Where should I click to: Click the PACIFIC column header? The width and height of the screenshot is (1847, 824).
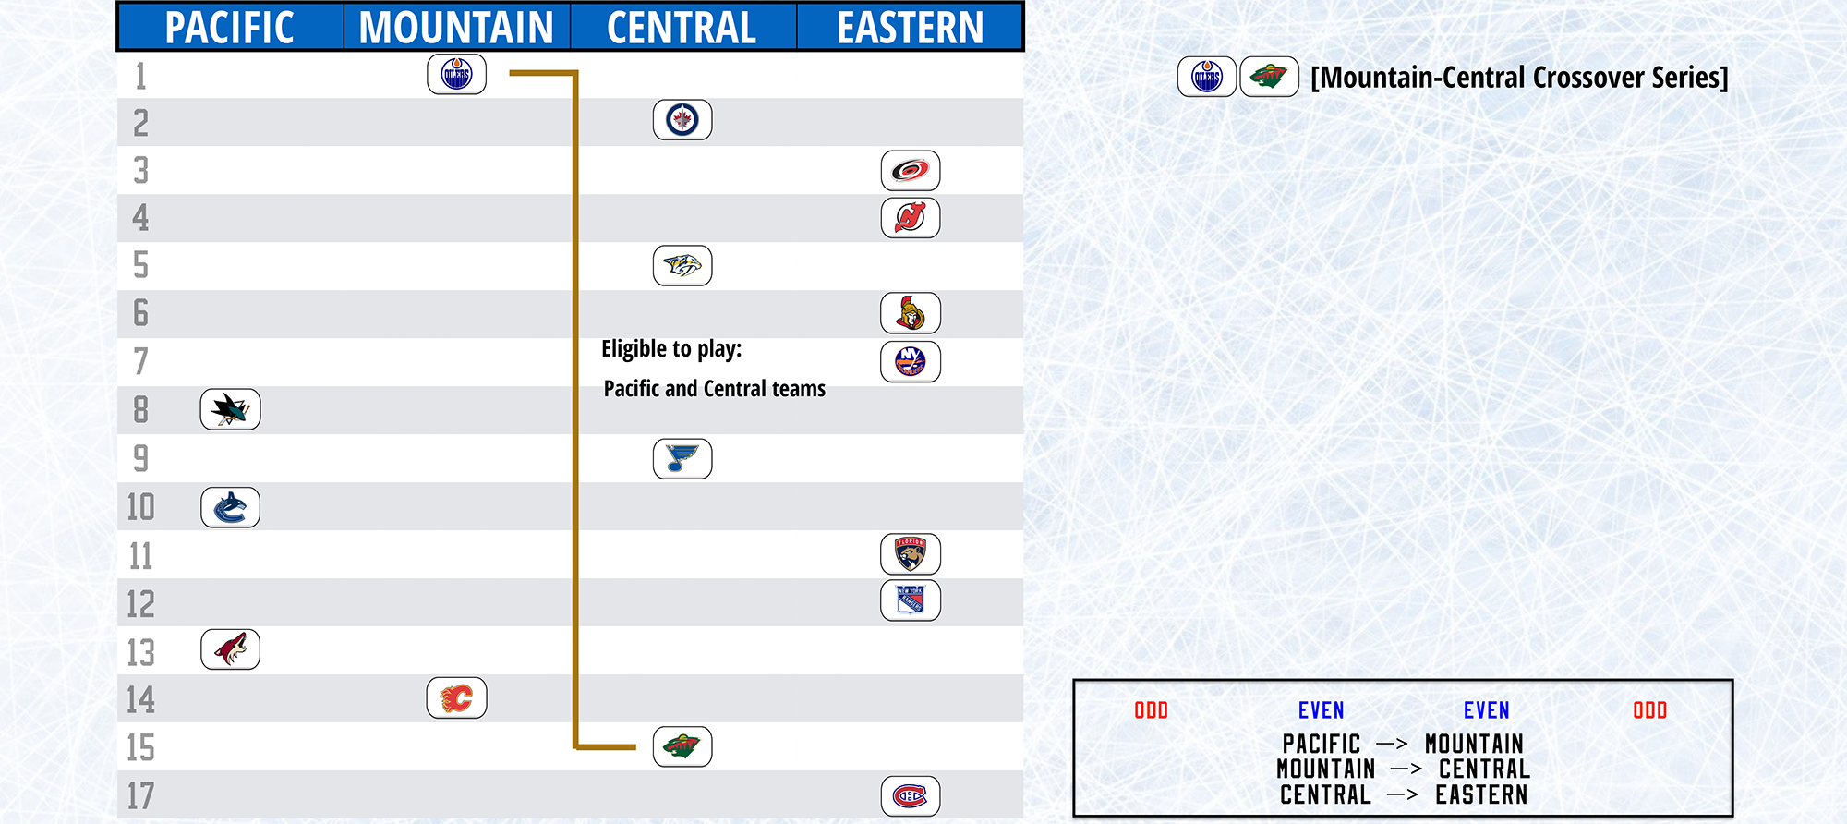230,28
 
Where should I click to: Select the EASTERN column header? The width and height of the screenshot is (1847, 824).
911,28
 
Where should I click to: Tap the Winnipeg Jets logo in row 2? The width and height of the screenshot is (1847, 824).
682,120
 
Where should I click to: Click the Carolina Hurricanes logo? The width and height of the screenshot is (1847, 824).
911,171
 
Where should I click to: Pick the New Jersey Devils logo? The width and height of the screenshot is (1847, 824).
911,218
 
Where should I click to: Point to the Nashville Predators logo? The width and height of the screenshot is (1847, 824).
682,266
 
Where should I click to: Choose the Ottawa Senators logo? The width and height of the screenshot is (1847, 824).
911,313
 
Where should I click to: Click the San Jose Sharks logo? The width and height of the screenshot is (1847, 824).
230,409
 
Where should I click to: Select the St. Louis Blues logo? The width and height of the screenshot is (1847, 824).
682,459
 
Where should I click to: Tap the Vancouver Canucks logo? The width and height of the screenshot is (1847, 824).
230,508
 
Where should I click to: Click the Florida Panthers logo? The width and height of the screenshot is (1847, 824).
911,554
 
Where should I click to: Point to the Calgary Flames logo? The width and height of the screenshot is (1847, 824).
456,697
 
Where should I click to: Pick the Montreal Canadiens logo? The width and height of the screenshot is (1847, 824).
911,796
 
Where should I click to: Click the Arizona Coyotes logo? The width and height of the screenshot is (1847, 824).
230,649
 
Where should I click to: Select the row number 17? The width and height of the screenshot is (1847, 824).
140,796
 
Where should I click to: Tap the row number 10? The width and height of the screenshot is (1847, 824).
140,507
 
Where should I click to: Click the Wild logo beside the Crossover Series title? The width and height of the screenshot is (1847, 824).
1269,77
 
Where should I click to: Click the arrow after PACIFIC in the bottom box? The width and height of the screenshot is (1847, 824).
1392,744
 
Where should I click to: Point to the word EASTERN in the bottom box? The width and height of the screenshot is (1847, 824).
1481,794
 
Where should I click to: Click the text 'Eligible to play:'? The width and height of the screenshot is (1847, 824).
671,349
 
